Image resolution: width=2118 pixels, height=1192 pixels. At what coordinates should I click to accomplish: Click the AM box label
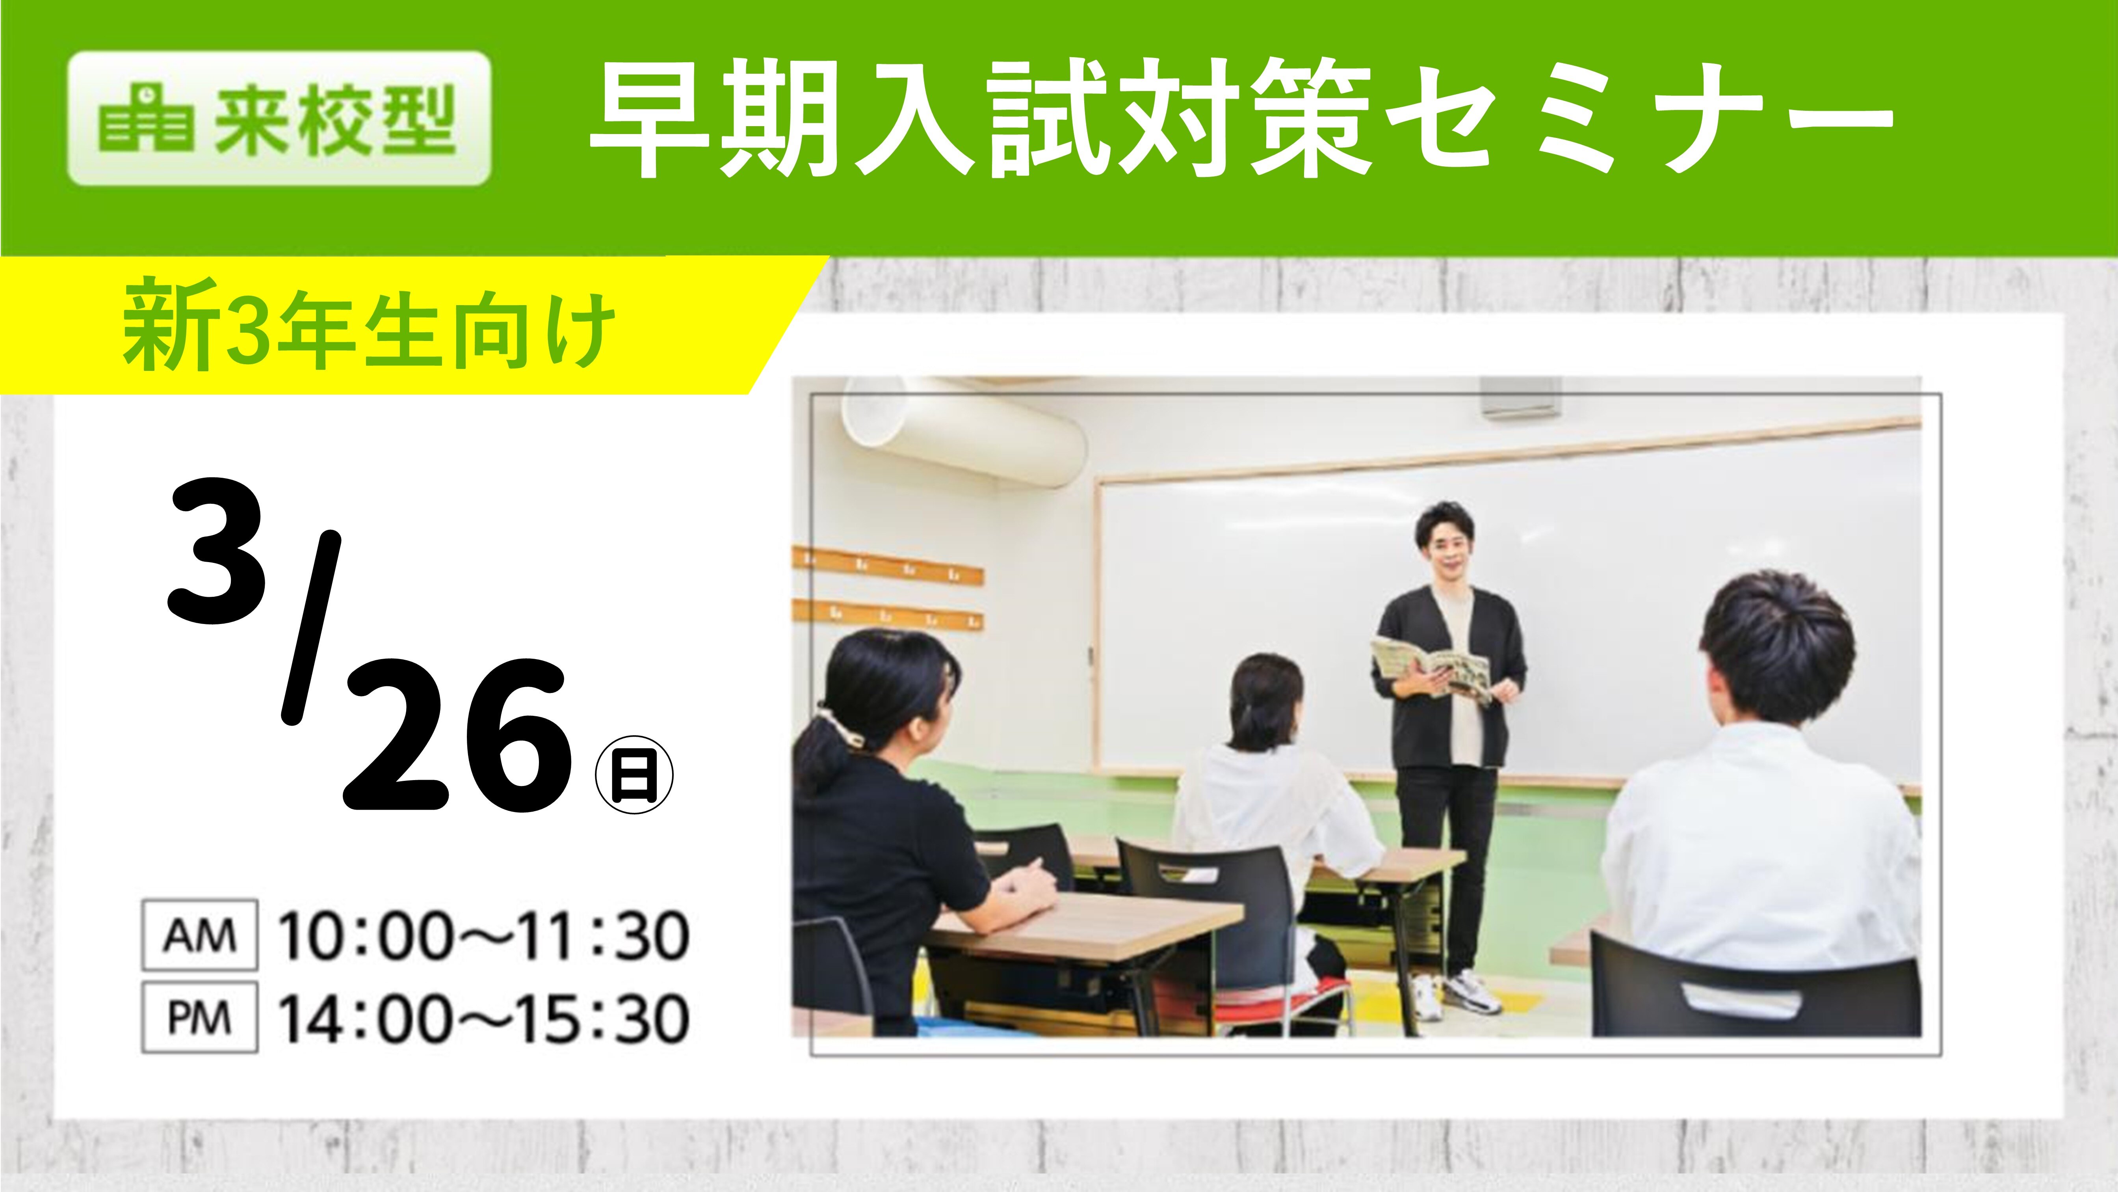(x=200, y=935)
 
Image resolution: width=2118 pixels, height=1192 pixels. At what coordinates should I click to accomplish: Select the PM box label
(x=200, y=1018)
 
